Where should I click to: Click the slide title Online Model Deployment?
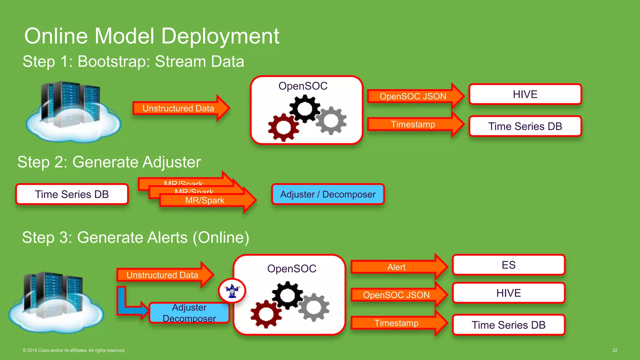(152, 36)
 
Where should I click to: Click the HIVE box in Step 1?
(525, 94)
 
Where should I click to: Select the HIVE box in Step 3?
(508, 293)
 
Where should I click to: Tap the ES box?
(508, 265)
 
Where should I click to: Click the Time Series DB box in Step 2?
(72, 194)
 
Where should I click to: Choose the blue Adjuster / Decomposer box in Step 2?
(328, 194)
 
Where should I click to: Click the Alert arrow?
(396, 267)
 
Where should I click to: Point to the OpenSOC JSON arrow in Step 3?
(396, 295)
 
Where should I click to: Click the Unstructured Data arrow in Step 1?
(178, 108)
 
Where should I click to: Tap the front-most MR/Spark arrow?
(205, 201)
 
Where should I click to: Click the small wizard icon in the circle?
(232, 291)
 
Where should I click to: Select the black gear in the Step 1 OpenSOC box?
(305, 108)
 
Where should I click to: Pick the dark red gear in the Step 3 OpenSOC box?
(266, 314)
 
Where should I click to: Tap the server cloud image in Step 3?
(56, 302)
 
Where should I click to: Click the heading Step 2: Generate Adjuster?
(109, 162)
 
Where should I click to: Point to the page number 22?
(615, 350)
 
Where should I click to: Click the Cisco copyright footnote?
(74, 350)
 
